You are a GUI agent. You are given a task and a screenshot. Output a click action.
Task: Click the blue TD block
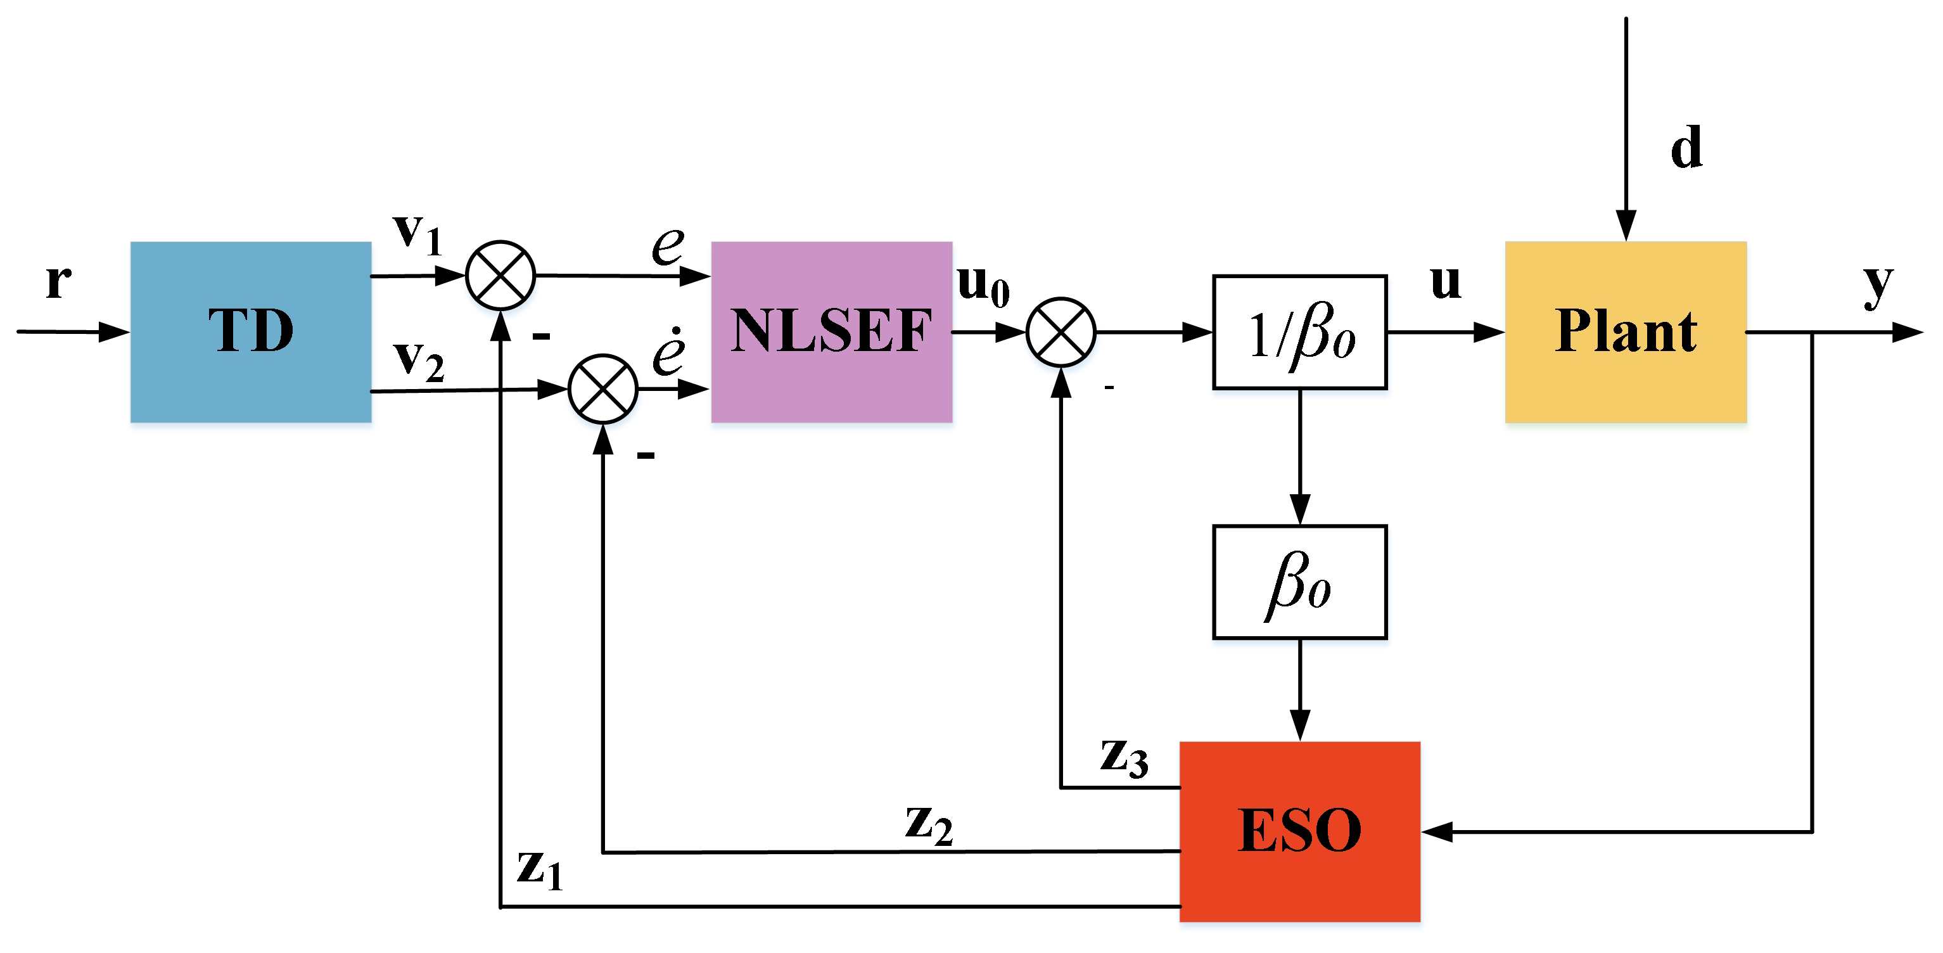click(250, 331)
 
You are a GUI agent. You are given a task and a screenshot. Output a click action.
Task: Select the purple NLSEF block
click(831, 331)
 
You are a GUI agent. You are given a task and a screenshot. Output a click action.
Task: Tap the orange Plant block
click(1626, 331)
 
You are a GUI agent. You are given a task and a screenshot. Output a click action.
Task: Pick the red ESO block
click(1299, 831)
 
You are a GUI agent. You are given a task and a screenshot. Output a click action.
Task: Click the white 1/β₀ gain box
click(1299, 332)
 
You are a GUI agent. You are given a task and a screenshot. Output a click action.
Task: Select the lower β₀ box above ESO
click(1299, 582)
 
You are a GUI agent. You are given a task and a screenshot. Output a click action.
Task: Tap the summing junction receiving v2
click(602, 389)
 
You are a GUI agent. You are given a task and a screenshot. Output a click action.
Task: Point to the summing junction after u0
click(1061, 332)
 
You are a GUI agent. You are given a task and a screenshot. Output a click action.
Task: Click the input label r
click(59, 281)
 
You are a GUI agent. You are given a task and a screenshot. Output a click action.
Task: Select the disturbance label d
click(1686, 147)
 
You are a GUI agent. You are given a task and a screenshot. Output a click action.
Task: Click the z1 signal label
click(540, 869)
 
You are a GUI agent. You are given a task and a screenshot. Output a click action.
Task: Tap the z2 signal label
click(929, 824)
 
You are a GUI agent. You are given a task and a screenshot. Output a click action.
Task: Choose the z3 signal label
click(1124, 757)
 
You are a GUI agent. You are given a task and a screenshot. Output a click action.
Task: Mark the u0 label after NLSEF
click(983, 285)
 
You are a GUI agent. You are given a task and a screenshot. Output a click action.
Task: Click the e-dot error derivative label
click(669, 352)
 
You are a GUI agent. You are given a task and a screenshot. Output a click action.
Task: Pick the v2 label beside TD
click(419, 360)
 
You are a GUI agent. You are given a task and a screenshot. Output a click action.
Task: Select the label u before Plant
click(1445, 281)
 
